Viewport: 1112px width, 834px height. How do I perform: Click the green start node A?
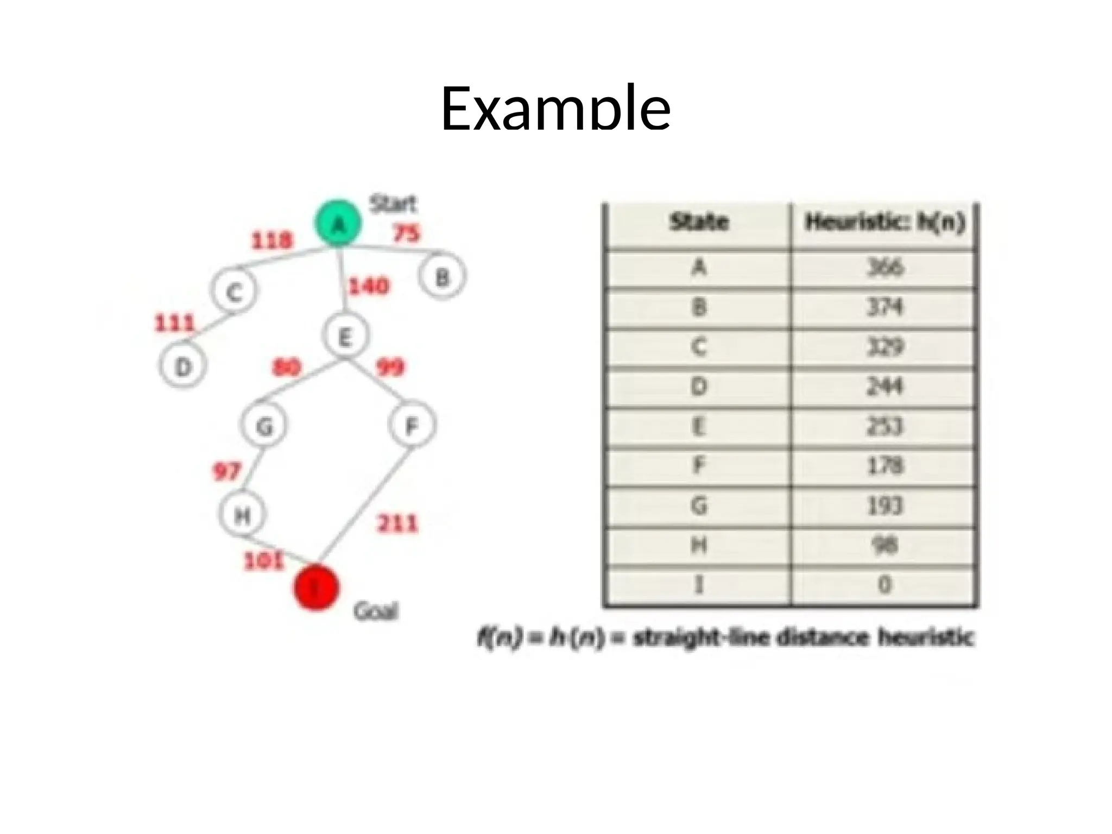338,223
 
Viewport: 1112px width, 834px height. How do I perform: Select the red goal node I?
317,587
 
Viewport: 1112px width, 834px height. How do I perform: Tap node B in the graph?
443,277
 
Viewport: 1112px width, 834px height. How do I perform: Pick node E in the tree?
345,337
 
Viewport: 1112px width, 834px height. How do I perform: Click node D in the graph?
183,367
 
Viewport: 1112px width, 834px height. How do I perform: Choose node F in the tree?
412,425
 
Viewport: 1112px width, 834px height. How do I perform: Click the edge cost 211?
397,524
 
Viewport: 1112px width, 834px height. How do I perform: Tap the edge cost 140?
369,286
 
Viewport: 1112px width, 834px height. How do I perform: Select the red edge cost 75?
407,233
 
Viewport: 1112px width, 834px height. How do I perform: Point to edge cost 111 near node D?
174,324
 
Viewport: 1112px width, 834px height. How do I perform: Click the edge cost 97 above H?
226,471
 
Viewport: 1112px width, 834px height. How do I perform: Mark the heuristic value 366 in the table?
884,268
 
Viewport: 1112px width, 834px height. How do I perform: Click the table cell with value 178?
884,466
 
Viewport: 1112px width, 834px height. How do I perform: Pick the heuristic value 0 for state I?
884,585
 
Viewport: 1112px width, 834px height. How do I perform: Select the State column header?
699,222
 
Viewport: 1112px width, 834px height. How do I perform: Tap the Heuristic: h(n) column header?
884,222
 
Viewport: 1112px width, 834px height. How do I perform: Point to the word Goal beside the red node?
376,612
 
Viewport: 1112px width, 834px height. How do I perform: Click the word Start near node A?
393,204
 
